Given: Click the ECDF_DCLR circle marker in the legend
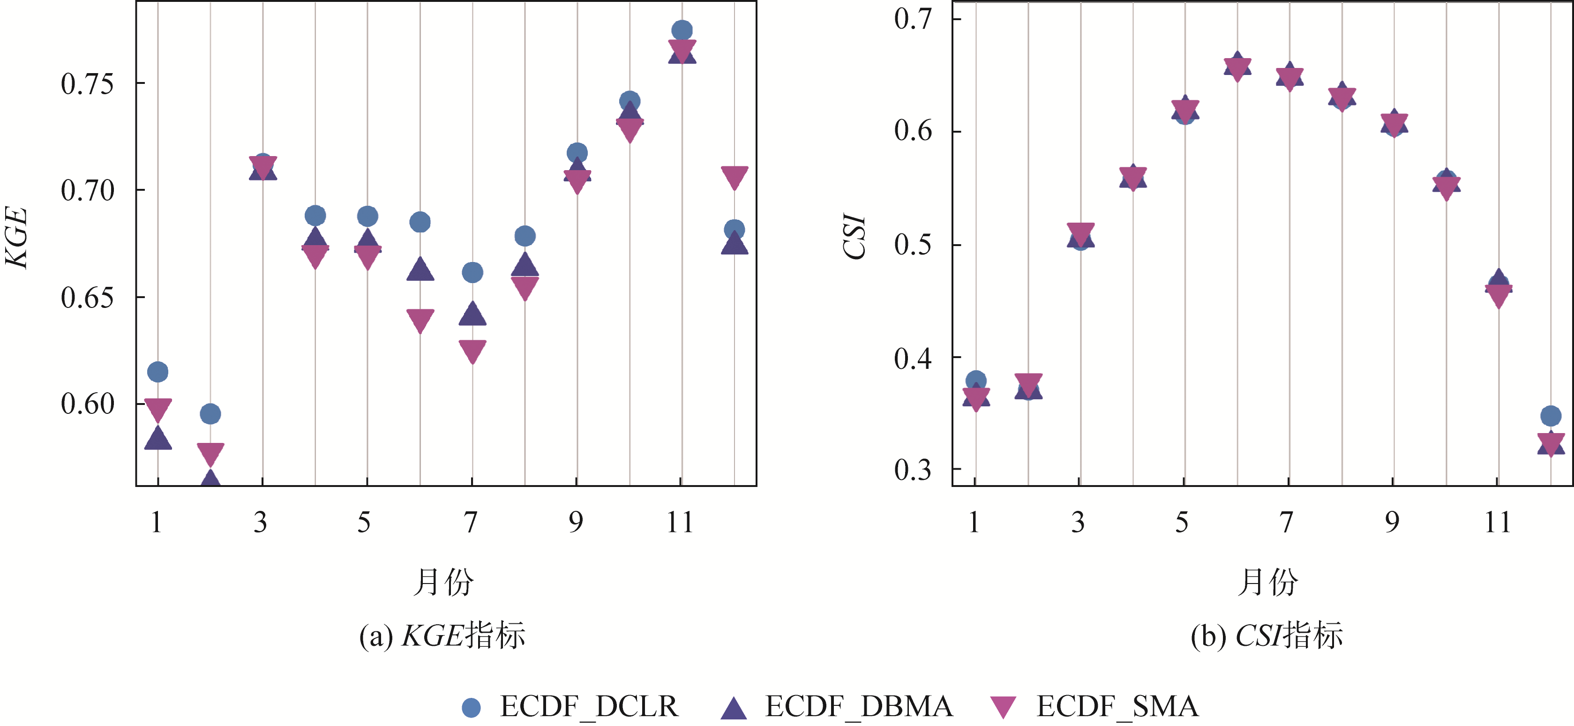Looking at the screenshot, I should click(471, 707).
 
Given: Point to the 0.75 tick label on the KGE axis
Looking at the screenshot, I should click(87, 84).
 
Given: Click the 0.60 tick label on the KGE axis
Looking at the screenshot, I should click(87, 404).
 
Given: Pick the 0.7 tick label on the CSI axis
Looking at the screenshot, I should click(913, 19).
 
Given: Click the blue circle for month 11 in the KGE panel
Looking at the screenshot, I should click(682, 30).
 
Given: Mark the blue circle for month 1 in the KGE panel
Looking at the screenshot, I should click(157, 372).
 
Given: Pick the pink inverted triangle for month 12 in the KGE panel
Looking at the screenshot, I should click(735, 177).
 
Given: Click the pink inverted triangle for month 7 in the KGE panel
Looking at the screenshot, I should click(472, 351).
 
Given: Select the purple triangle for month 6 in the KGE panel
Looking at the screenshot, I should click(420, 269).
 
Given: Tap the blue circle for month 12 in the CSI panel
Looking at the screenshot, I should click(1550, 416).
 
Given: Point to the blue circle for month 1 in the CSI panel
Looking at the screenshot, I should click(976, 380).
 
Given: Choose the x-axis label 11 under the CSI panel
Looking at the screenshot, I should click(1498, 523).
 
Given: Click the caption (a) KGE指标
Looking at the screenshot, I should click(442, 636).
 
